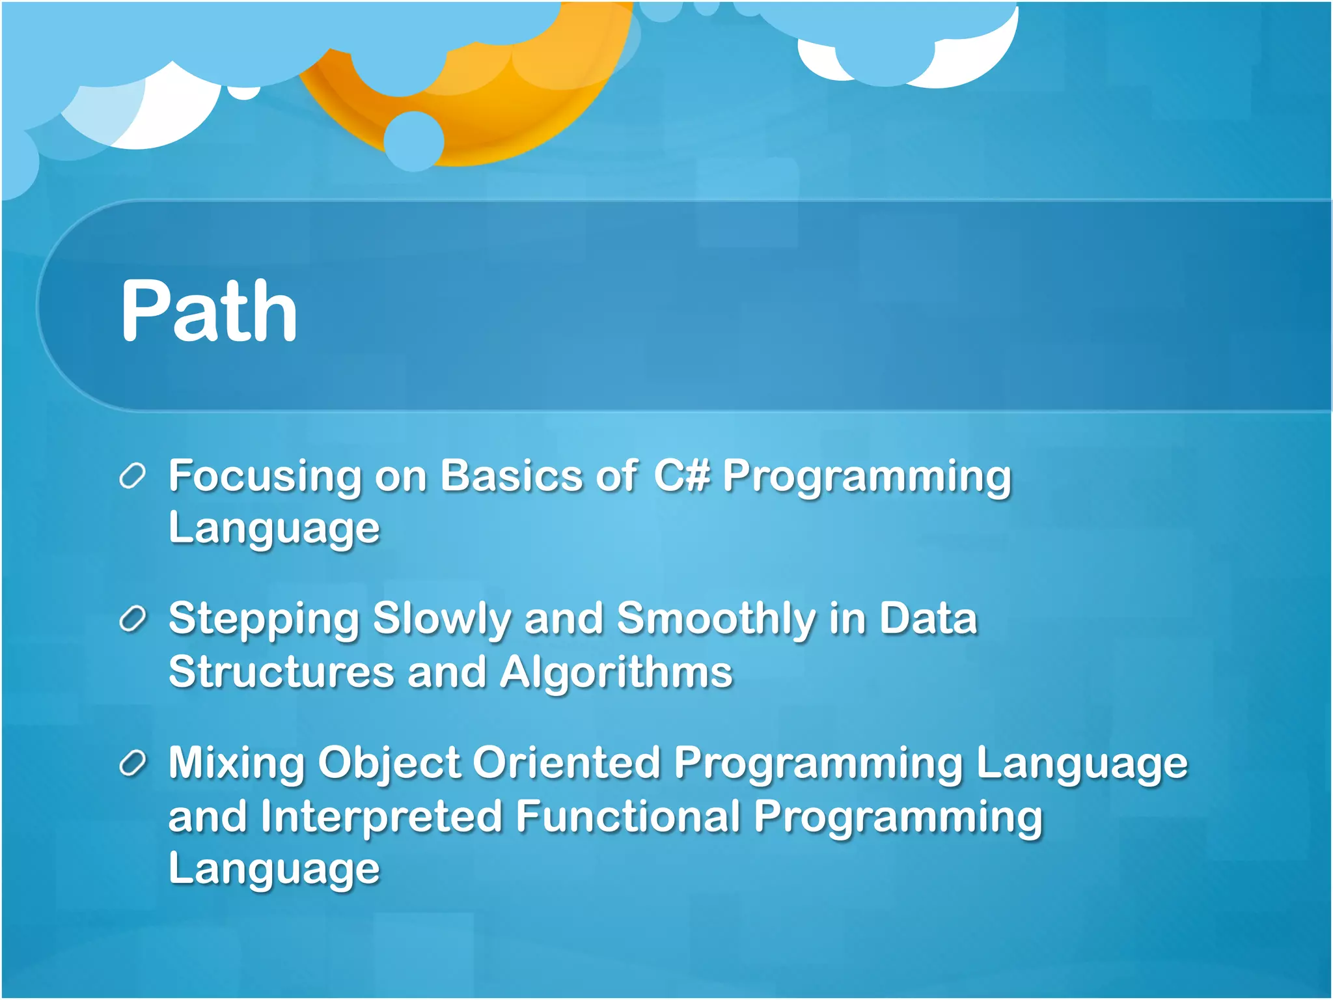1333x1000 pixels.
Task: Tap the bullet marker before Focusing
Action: coord(132,477)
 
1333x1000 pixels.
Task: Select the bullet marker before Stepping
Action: coord(132,619)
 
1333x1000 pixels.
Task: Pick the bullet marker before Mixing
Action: coord(132,763)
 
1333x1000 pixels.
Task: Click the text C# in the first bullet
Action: coord(681,475)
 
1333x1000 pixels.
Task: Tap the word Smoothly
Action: coord(715,619)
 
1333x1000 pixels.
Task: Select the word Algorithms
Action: coord(616,673)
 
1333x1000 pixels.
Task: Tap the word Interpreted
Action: coord(381,817)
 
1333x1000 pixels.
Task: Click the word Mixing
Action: coord(236,764)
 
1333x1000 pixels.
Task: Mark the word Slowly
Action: coord(442,619)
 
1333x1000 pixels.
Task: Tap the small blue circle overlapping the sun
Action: coord(414,141)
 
